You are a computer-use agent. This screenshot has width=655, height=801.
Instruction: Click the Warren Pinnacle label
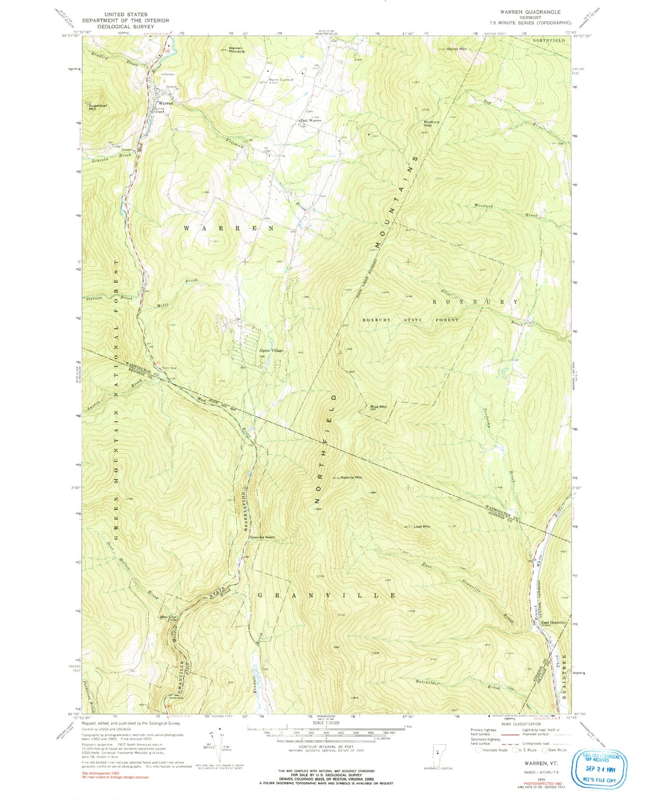click(x=236, y=49)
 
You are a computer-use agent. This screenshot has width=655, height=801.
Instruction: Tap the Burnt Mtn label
click(x=456, y=49)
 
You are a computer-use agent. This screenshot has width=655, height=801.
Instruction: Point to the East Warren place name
click(x=311, y=121)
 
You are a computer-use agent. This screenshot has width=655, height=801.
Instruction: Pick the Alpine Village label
click(x=271, y=350)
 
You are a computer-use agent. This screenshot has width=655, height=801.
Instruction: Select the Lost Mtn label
click(x=422, y=526)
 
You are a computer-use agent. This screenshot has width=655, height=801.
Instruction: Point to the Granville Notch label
click(x=262, y=537)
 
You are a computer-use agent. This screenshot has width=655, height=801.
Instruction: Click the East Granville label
click(x=553, y=622)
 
